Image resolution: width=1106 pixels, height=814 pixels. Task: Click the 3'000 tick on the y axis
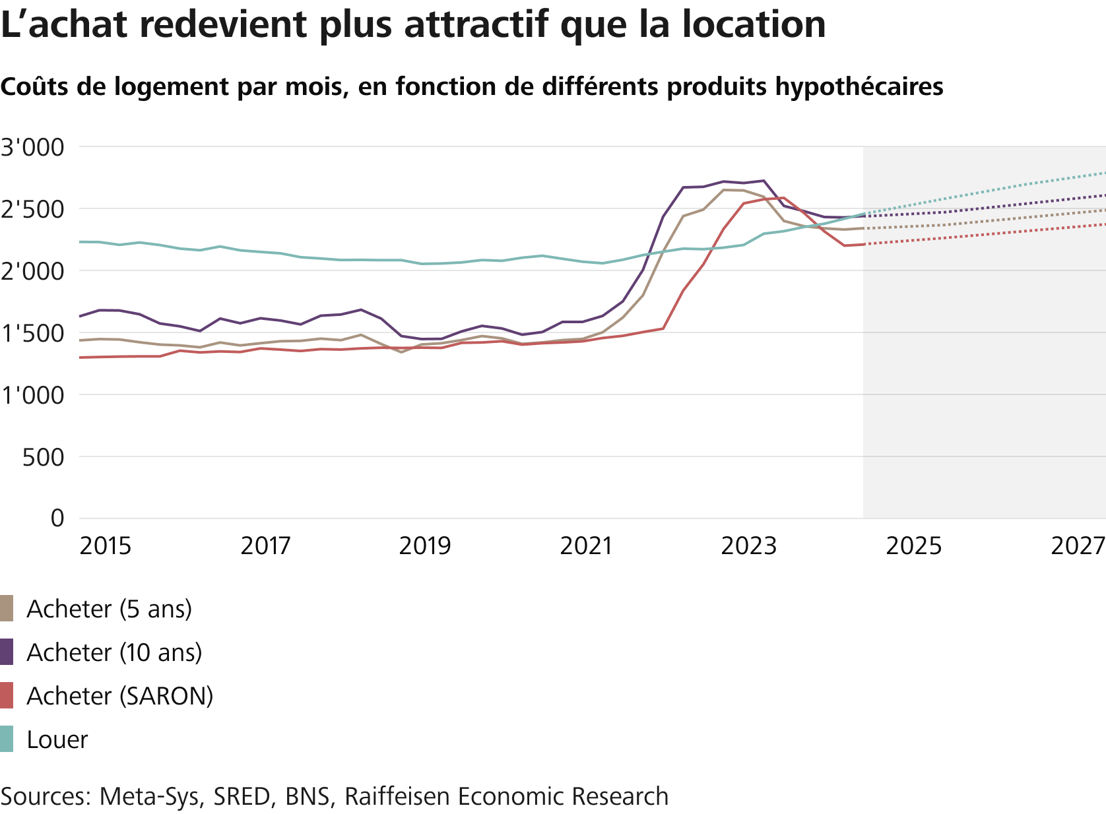[x=33, y=147]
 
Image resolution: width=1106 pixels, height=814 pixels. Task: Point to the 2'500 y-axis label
[x=33, y=209]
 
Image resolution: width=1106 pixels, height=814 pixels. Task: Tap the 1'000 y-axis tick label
[x=33, y=395]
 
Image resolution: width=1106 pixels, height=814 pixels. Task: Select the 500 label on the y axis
[x=44, y=457]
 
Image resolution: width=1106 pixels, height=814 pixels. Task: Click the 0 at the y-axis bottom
[x=57, y=518]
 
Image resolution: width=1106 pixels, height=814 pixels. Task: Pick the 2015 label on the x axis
[x=105, y=546]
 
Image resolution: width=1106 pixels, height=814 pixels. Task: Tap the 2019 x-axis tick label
[x=425, y=546]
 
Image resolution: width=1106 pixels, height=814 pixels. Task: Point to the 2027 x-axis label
[x=1078, y=546]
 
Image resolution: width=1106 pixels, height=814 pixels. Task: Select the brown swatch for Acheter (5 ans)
[x=7, y=608]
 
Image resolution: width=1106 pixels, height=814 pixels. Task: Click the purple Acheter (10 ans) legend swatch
[x=7, y=652]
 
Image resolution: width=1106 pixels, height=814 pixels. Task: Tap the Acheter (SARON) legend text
[x=119, y=696]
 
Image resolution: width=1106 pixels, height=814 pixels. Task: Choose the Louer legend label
[x=57, y=739]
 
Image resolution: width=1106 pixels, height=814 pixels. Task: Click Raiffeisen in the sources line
[x=398, y=796]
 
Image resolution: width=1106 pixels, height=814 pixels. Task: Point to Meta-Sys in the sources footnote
[x=149, y=796]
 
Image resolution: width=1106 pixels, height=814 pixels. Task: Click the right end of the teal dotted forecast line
[x=1104, y=173]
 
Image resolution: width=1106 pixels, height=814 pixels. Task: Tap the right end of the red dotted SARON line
[x=1104, y=224]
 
